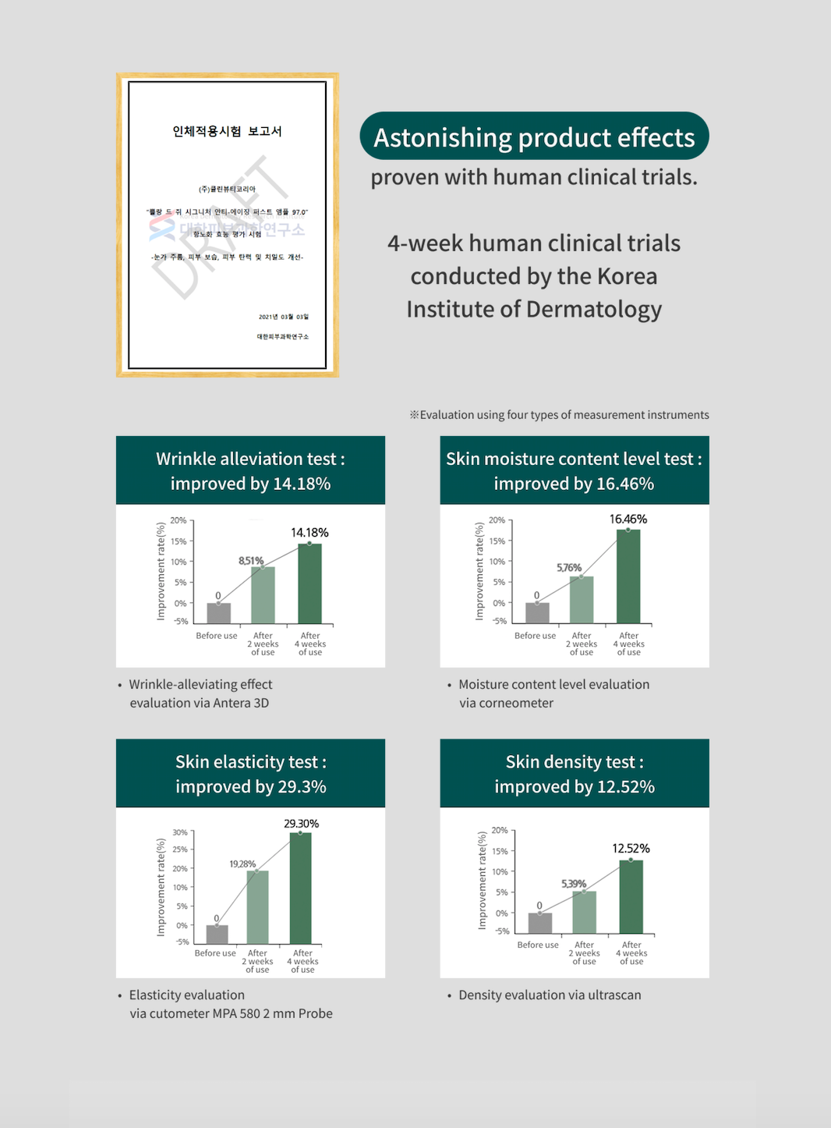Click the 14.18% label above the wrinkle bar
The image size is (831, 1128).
[x=309, y=533]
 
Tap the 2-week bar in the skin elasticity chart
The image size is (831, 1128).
[x=257, y=906]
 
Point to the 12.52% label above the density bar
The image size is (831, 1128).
[x=631, y=849]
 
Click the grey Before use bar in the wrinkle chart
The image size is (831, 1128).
[x=219, y=613]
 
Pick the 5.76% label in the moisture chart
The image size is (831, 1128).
[x=569, y=568]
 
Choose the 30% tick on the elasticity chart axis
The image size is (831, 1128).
[x=180, y=832]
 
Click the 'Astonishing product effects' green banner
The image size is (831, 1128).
[x=534, y=137]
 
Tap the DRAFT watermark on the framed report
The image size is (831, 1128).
[x=218, y=226]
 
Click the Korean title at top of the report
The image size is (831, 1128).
[x=227, y=131]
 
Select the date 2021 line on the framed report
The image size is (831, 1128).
[x=284, y=317]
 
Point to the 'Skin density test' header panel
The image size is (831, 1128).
[x=575, y=773]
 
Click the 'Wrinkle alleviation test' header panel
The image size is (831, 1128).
[x=250, y=470]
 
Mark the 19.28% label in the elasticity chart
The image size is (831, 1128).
[x=242, y=864]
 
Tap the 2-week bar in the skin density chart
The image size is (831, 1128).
[x=584, y=912]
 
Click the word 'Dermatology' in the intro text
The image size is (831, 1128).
[x=594, y=310]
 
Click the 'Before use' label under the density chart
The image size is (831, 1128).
[x=538, y=945]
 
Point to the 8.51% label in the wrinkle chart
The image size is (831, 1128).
[x=251, y=561]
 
